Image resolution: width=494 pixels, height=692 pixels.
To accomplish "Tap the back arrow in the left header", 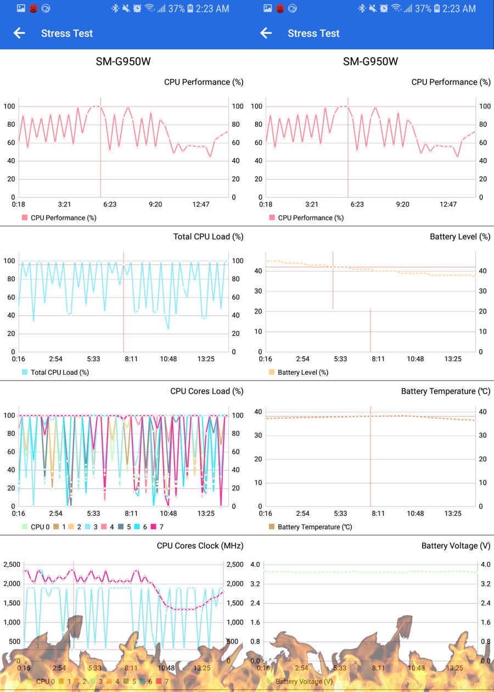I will pyautogui.click(x=19, y=33).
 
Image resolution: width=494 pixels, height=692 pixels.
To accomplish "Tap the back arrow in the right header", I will pyautogui.click(x=266, y=33).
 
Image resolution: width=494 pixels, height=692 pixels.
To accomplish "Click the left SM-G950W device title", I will pyautogui.click(x=123, y=61).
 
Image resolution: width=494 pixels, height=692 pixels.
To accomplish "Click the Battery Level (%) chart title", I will pyautogui.click(x=460, y=237).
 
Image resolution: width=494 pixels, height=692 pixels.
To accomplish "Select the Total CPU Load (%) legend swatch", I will pyautogui.click(x=25, y=372).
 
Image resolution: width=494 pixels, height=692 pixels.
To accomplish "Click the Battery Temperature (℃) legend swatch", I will pyautogui.click(x=272, y=527).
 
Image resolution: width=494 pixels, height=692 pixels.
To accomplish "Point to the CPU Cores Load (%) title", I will pyautogui.click(x=207, y=391).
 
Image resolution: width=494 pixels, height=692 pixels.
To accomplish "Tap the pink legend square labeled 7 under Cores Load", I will pyautogui.click(x=154, y=527).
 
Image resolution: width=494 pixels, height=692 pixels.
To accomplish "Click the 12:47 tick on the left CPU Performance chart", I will pyautogui.click(x=201, y=204).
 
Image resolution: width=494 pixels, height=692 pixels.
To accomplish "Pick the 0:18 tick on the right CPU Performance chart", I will pyautogui.click(x=266, y=204).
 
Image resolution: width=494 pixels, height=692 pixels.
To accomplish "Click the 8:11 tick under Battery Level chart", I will pyautogui.click(x=378, y=359).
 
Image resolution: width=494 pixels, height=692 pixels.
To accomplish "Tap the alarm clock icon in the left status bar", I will pyautogui.click(x=137, y=9).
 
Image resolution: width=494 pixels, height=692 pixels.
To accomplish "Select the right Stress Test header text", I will pyautogui.click(x=313, y=33).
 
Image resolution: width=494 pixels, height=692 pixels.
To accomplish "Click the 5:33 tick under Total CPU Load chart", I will pyautogui.click(x=93, y=359).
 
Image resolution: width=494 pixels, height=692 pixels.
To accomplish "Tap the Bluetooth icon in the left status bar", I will pyautogui.click(x=115, y=9).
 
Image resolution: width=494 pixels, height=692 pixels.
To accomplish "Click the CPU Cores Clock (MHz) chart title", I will pyautogui.click(x=200, y=546).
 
